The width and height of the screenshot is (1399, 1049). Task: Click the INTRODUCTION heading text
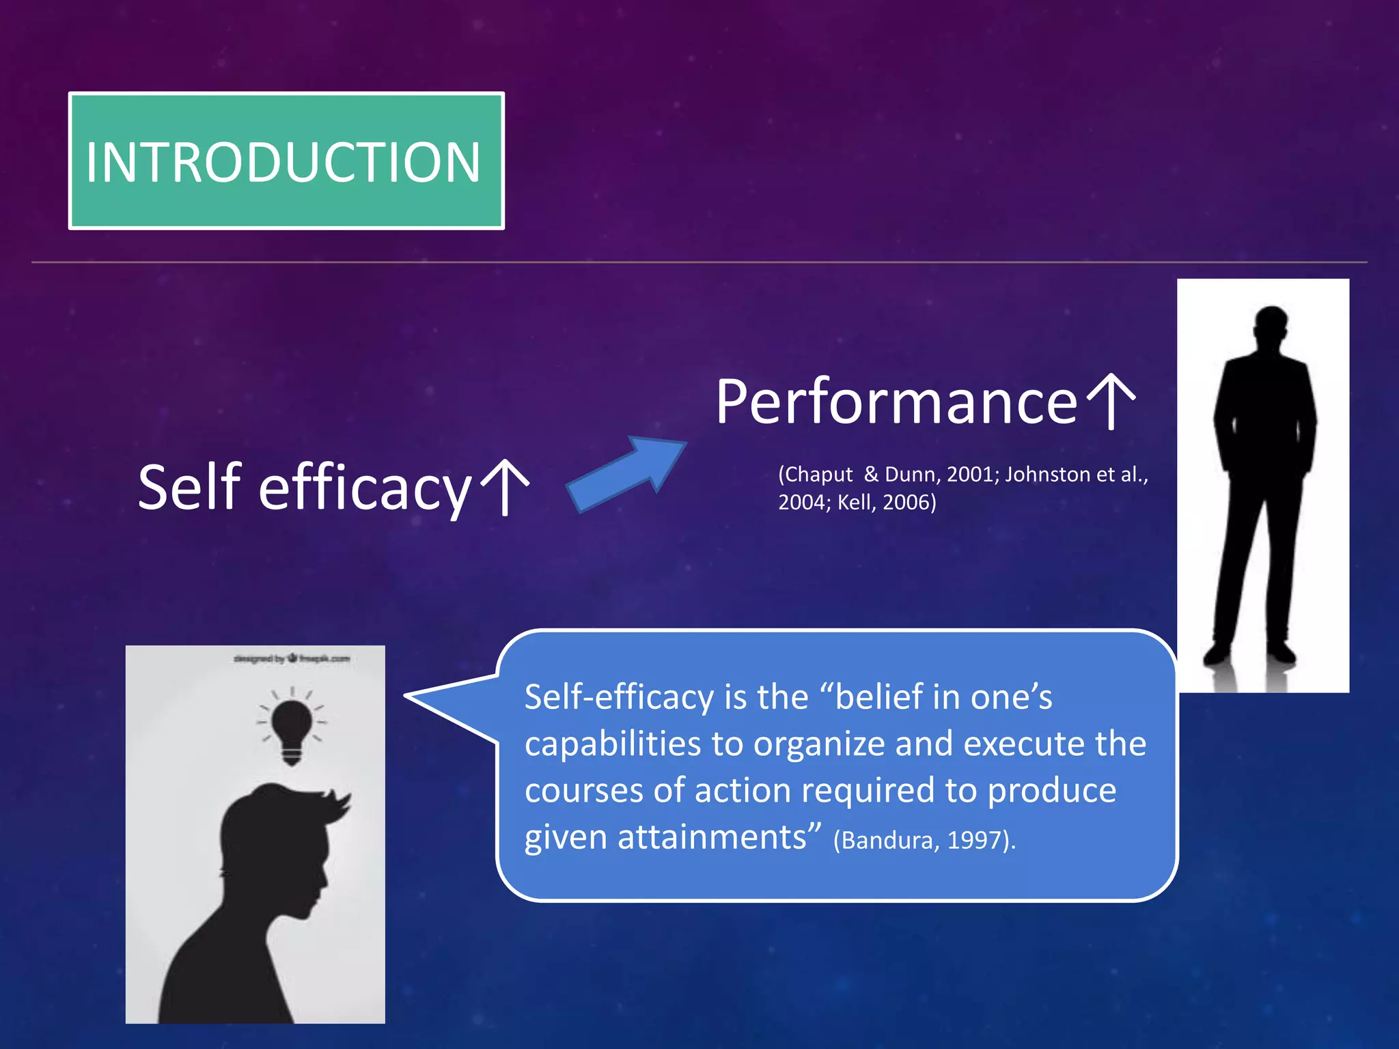coord(283,163)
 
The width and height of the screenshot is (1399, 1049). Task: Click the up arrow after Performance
coord(1111,402)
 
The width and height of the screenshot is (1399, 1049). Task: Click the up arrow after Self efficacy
coord(505,486)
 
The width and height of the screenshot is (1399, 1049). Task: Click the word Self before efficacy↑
coord(190,486)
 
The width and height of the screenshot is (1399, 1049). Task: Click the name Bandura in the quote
coord(887,840)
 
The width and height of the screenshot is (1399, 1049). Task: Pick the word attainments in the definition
coord(712,837)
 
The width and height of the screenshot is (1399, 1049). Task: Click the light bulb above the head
coord(292,728)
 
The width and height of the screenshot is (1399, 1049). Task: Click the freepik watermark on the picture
coord(292,658)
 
